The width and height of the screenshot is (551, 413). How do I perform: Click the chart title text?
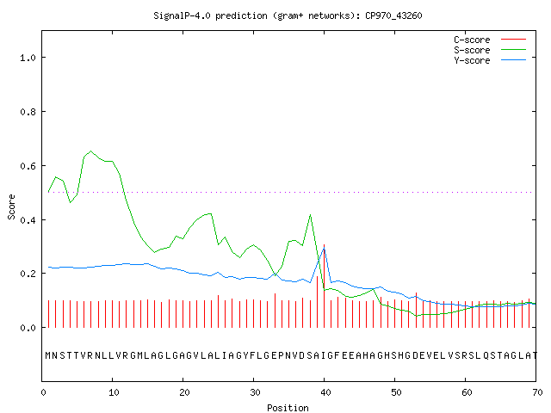288,15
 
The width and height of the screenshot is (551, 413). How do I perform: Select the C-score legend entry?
490,40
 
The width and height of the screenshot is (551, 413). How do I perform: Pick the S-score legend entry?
490,50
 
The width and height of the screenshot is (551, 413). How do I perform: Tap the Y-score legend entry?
490,60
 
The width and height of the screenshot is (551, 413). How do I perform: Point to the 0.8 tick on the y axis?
28,112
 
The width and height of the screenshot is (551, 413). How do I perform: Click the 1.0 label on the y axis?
28,58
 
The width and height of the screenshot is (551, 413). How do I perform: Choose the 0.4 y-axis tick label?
28,220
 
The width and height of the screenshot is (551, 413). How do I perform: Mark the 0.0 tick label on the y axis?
28,328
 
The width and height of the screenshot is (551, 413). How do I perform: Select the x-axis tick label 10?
114,392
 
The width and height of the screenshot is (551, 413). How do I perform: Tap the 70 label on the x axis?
537,392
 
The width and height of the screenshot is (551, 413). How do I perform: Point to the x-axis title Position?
288,408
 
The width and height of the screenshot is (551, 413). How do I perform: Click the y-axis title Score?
11,206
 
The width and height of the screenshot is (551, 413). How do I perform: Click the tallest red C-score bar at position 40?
324,286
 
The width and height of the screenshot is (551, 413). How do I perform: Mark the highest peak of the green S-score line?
90,151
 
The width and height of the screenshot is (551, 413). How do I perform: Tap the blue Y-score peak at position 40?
324,249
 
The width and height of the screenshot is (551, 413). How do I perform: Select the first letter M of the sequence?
48,355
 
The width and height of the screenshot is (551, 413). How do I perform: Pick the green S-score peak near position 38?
310,214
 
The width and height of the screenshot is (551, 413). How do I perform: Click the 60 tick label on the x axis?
467,392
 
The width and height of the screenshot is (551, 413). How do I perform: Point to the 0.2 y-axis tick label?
28,274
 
